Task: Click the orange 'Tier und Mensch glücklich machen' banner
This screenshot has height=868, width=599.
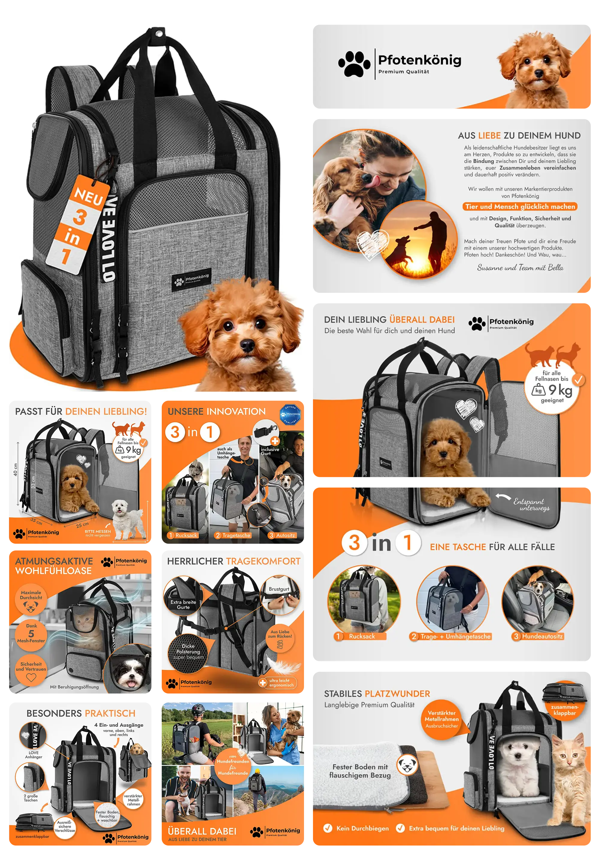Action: (x=520, y=207)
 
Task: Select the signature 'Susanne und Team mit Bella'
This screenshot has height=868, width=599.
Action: (x=520, y=267)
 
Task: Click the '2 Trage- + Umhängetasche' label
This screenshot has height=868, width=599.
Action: (x=450, y=636)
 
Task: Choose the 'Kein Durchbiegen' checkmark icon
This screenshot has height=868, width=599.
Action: (x=328, y=828)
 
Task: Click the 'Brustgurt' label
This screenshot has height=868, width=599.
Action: (x=279, y=589)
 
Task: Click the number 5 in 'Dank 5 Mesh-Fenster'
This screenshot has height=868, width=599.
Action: (x=31, y=634)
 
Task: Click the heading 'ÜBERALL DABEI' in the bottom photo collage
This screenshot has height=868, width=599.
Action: (x=202, y=831)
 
